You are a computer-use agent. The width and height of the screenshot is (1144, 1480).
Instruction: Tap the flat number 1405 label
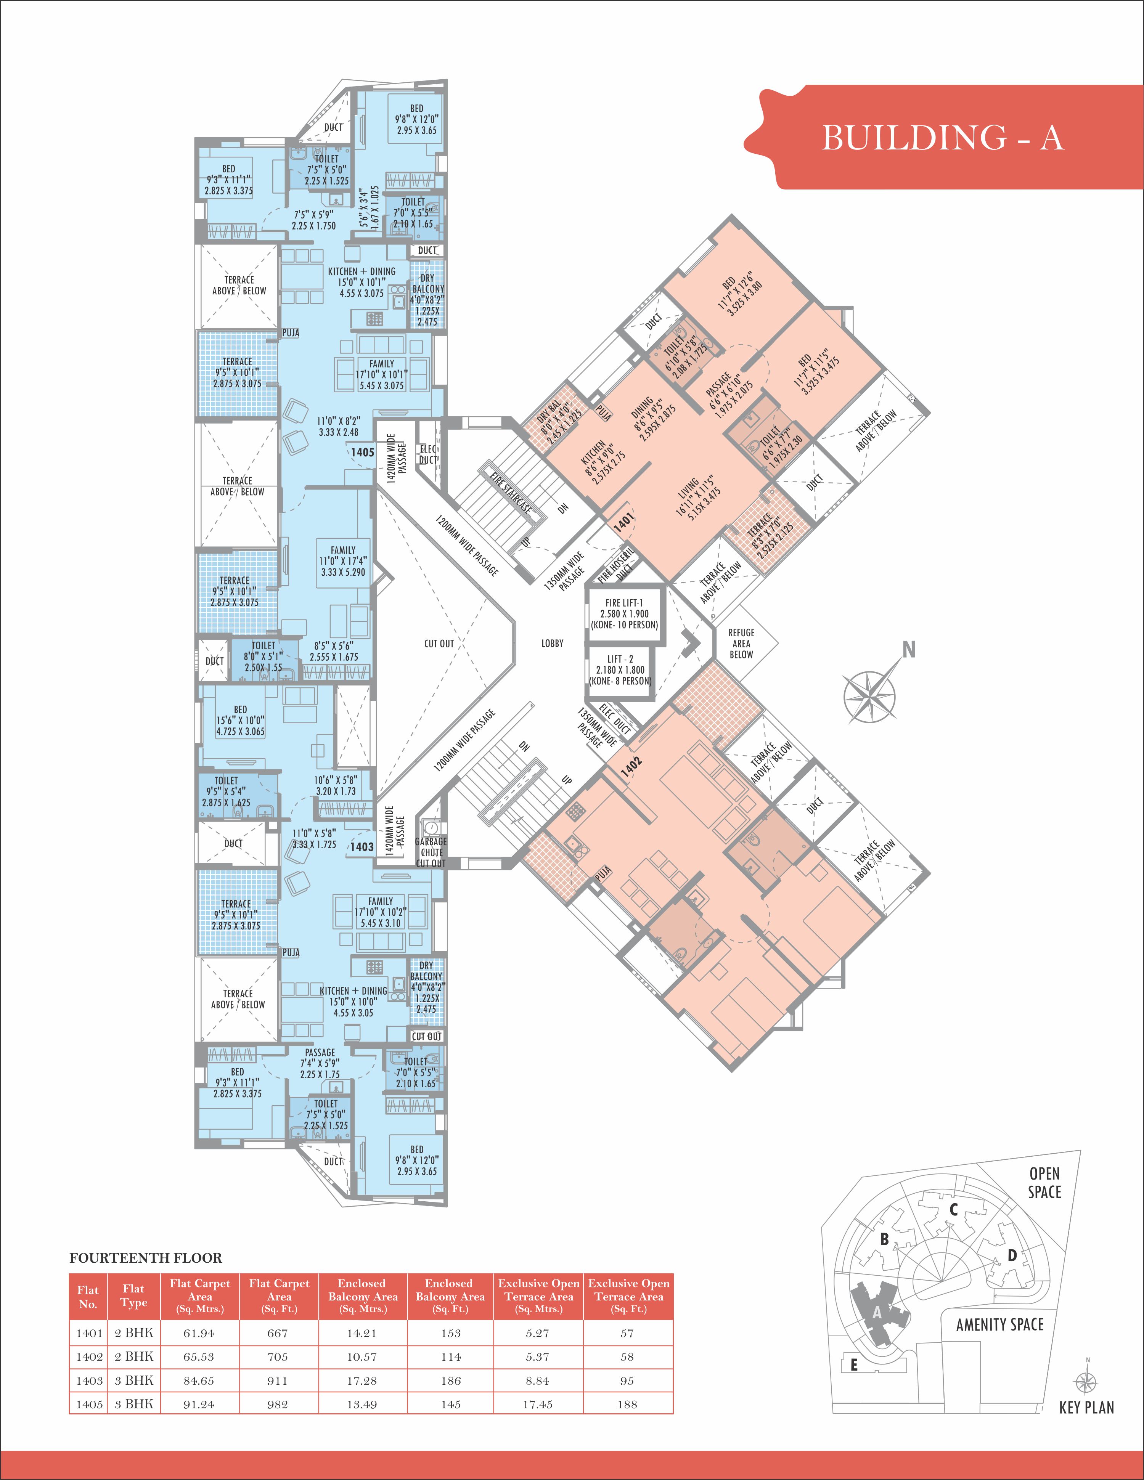pyautogui.click(x=363, y=452)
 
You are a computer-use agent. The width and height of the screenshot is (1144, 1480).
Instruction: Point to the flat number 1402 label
pyautogui.click(x=630, y=763)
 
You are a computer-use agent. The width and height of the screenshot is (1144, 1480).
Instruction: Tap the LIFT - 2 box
pyautogui.click(x=620, y=669)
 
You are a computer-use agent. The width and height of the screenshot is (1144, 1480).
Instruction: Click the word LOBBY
pyautogui.click(x=552, y=643)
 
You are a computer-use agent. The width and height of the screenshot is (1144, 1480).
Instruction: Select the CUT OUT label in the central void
pyautogui.click(x=439, y=643)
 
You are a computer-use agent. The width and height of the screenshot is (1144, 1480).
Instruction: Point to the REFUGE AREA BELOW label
pyautogui.click(x=741, y=643)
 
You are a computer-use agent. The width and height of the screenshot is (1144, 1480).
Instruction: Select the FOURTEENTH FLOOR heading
pyautogui.click(x=146, y=1258)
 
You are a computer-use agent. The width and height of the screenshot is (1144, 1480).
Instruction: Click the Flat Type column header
pyautogui.click(x=133, y=1296)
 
